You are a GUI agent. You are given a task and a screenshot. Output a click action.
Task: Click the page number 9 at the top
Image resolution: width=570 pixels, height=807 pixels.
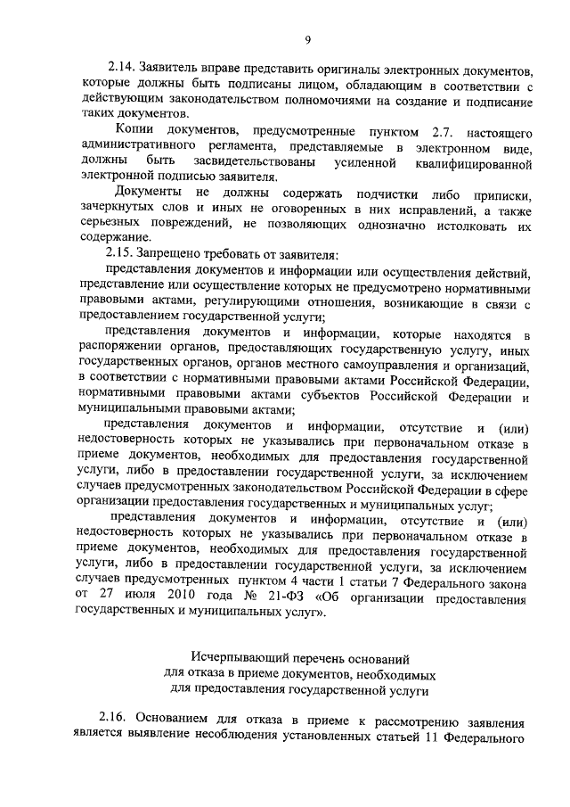pyautogui.click(x=307, y=38)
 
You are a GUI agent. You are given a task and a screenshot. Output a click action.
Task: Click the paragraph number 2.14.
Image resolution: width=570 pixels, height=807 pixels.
pyautogui.click(x=122, y=70)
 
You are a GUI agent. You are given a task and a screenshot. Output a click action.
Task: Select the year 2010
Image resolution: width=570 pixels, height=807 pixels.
pyautogui.click(x=200, y=598)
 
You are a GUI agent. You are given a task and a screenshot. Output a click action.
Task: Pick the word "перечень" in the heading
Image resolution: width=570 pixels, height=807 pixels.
pyautogui.click(x=327, y=658)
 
